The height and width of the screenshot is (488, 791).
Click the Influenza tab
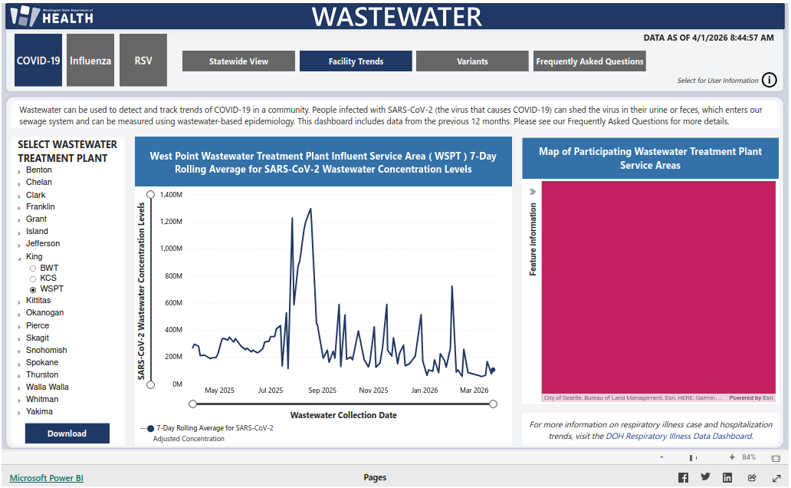click(90, 61)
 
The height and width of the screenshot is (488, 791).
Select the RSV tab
click(143, 61)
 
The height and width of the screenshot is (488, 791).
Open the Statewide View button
click(238, 61)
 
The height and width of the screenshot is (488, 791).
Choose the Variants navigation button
click(472, 61)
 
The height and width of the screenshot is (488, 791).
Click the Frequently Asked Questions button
click(589, 61)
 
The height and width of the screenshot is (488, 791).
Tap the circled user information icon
click(770, 80)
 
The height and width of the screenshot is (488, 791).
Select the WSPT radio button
click(33, 289)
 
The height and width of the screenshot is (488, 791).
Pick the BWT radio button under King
click(33, 269)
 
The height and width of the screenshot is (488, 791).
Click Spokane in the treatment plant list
click(42, 362)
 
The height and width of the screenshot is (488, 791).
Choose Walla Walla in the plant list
click(48, 387)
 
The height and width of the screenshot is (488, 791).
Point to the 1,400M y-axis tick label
click(169, 195)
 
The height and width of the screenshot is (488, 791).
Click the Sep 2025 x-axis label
click(322, 391)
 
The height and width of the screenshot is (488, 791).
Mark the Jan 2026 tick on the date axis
click(424, 391)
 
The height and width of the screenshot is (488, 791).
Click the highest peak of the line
click(310, 209)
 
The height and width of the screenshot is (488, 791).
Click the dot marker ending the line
click(493, 370)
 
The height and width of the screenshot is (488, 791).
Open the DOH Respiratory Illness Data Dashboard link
click(678, 436)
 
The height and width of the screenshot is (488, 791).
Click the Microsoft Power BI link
click(46, 478)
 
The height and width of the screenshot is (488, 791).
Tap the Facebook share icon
click(683, 477)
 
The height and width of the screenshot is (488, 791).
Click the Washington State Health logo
click(51, 15)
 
